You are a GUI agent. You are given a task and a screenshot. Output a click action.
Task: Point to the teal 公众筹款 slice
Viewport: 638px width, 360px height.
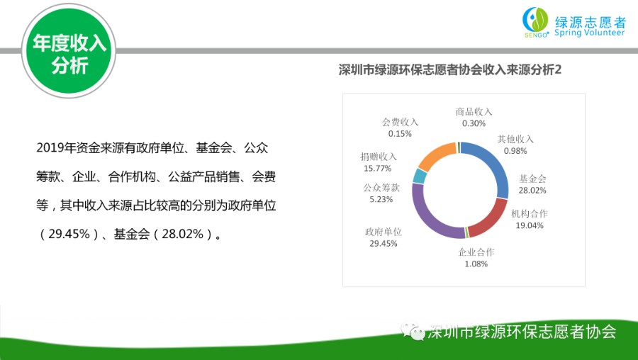(x=420, y=176)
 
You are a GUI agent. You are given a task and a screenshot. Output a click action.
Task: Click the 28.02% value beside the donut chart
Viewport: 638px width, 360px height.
(x=532, y=191)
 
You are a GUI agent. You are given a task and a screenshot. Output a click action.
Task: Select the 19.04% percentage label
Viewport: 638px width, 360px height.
(x=530, y=225)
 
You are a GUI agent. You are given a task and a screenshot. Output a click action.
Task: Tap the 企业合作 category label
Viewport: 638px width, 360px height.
(x=476, y=252)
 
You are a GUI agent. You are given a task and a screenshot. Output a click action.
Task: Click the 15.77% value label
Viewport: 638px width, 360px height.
(x=378, y=169)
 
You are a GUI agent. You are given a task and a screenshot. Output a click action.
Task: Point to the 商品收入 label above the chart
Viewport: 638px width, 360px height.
(x=474, y=112)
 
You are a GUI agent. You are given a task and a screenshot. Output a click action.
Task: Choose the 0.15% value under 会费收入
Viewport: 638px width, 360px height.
(x=400, y=134)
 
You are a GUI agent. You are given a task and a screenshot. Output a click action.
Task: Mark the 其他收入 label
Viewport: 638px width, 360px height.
(x=515, y=140)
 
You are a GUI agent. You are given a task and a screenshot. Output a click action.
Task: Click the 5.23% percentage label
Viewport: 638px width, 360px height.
(x=381, y=199)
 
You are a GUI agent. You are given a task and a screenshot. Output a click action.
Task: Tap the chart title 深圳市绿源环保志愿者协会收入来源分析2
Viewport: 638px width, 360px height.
(x=450, y=70)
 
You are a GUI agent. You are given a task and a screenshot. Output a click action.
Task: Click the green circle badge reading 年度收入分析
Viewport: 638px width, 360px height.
(x=69, y=51)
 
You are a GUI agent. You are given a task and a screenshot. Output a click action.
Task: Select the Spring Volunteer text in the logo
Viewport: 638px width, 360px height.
(x=589, y=33)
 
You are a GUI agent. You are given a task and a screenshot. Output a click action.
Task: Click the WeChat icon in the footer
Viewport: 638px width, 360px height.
(x=413, y=331)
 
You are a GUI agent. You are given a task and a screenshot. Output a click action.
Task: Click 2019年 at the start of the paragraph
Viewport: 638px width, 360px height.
(x=50, y=147)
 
